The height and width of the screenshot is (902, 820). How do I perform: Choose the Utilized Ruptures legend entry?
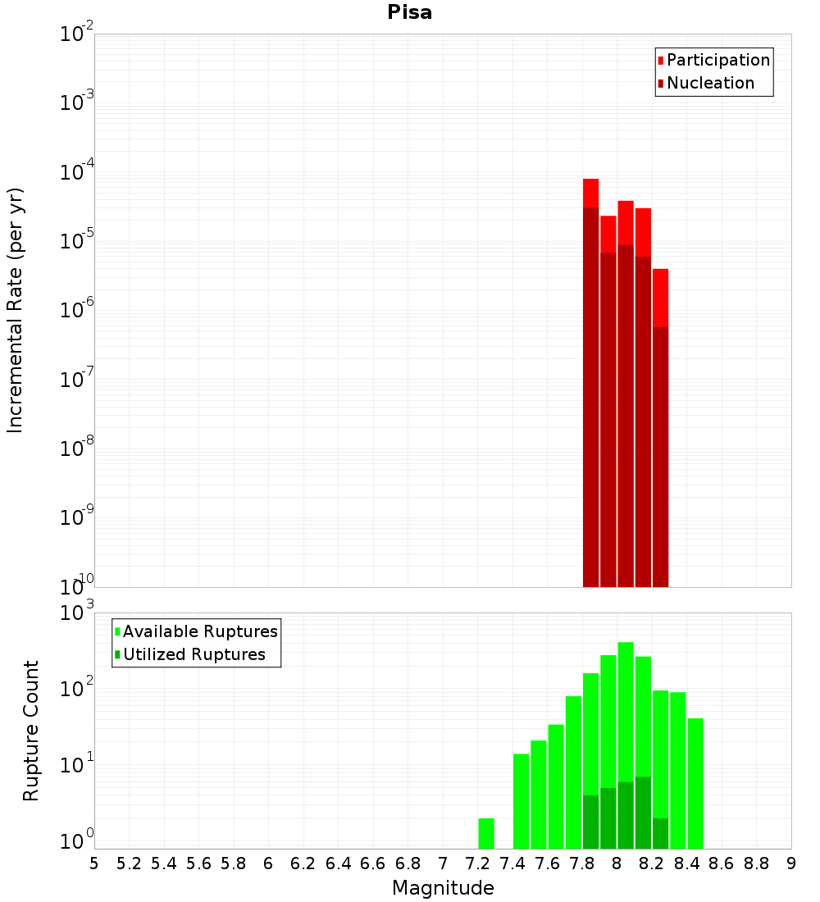[x=194, y=654]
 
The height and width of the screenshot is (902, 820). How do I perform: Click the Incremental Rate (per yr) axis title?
[x=16, y=310]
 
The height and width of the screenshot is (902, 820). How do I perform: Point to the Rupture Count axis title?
[x=31, y=731]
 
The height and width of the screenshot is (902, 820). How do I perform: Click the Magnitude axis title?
[x=443, y=888]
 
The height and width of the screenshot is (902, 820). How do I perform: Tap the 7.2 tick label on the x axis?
[x=477, y=863]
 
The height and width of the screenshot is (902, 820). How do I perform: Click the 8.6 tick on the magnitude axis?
[x=722, y=863]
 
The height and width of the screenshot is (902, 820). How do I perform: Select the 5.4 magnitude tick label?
[x=164, y=863]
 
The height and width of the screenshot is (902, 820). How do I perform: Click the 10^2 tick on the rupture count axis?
[x=78, y=689]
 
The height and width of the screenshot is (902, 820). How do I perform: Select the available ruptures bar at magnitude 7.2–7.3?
[x=486, y=833]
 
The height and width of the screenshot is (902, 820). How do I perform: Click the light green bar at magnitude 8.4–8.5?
[x=695, y=783]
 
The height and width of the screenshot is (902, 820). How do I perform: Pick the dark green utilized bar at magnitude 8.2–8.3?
[x=660, y=833]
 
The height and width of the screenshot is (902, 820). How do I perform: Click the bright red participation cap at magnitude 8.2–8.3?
[x=660, y=297]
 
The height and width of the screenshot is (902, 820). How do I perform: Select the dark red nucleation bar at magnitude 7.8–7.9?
[x=590, y=394]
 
